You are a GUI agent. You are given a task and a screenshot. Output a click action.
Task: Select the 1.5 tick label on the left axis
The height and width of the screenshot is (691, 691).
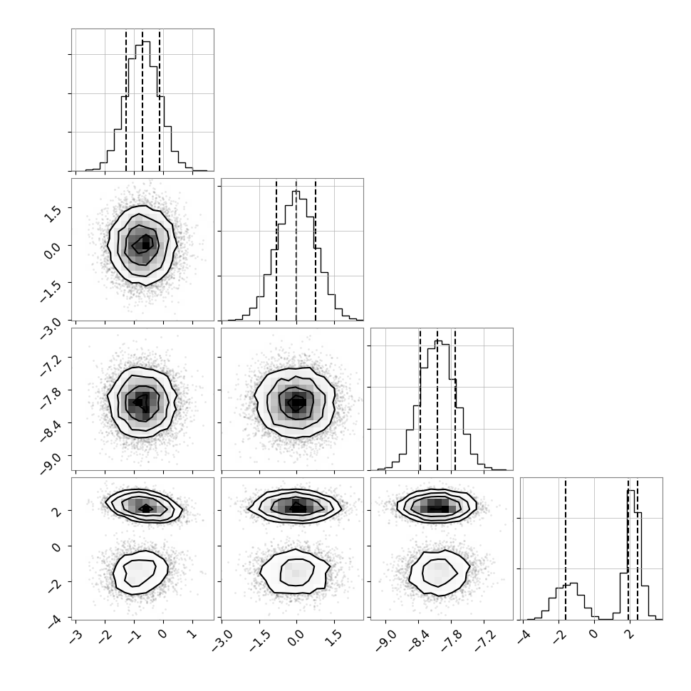coord(53,213)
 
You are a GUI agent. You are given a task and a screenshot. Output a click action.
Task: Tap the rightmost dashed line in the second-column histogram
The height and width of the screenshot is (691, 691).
coord(316,249)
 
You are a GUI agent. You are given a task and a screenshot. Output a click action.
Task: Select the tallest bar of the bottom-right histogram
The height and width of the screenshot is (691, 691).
coord(631,554)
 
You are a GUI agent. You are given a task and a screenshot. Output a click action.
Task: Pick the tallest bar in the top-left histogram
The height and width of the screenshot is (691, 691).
coord(146,105)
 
